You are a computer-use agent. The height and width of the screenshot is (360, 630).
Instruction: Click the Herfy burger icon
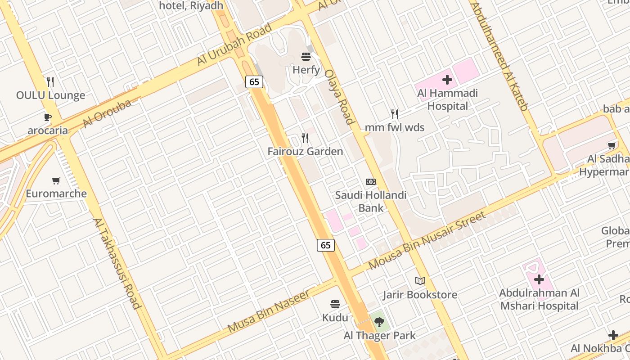(306, 57)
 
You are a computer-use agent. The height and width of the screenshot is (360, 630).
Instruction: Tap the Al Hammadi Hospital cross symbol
(447, 80)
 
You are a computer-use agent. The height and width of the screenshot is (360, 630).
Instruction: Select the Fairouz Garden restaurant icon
(305, 138)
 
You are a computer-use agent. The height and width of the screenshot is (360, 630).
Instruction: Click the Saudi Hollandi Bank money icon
(370, 182)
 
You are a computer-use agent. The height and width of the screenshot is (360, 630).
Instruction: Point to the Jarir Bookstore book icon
(420, 281)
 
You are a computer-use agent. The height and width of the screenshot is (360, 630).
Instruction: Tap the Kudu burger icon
(335, 304)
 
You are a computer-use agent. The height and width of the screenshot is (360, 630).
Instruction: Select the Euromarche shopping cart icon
(56, 180)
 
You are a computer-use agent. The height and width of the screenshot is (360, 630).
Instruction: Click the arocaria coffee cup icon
(47, 117)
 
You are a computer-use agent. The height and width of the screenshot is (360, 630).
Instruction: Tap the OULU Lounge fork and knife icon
(50, 82)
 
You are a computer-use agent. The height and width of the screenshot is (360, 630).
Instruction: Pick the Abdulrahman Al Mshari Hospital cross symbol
(539, 279)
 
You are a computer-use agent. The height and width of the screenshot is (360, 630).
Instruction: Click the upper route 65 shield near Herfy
(254, 81)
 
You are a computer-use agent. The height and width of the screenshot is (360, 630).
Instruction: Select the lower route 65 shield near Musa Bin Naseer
(326, 245)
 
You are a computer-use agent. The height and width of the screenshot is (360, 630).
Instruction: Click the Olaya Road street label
(340, 97)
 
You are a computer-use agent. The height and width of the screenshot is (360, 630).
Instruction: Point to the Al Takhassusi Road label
(117, 264)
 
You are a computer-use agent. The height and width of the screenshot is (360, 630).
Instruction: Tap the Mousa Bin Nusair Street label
(427, 240)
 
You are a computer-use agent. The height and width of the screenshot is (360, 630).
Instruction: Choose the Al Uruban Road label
(234, 45)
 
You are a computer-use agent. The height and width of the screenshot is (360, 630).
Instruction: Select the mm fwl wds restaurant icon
(395, 114)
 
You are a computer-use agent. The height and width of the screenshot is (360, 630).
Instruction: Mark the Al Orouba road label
(107, 113)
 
